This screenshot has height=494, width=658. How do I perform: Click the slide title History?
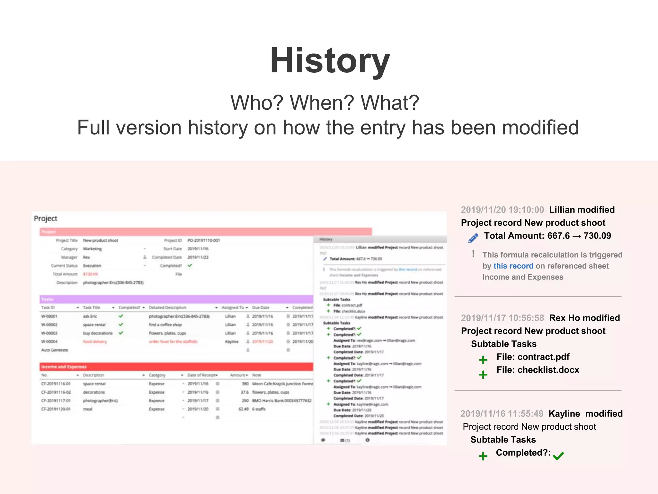330,60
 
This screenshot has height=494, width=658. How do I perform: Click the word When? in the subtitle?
325,103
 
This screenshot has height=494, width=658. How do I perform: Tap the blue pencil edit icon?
473,238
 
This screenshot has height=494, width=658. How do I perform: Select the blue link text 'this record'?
513,266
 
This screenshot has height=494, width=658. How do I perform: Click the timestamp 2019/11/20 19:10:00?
502,210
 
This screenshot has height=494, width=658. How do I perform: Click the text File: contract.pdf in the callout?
533,357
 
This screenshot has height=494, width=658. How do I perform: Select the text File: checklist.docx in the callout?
538,370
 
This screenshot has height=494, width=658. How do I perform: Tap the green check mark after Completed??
558,455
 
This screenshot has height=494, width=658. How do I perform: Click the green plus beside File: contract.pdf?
483,360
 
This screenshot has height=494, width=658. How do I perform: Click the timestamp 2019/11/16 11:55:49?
502,414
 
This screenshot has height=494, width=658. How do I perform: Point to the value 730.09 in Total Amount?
597,236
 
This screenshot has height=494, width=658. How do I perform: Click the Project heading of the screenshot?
46,218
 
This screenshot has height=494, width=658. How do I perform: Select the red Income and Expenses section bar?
176,367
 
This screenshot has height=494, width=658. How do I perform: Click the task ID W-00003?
49,333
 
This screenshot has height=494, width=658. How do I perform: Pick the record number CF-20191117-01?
56,401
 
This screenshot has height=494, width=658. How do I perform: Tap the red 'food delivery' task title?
95,342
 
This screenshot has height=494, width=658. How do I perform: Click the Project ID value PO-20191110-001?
204,240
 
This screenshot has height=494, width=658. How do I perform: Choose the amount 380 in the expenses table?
245,384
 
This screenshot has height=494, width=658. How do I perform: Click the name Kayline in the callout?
564,414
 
